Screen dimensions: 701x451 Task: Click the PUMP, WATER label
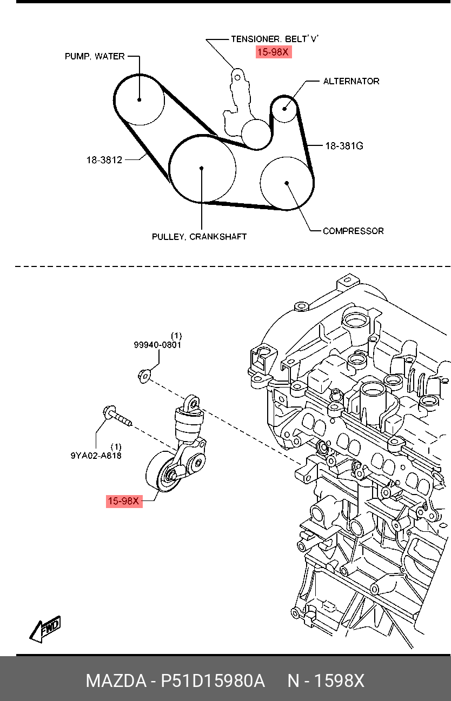(95, 56)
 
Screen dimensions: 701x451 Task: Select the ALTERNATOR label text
(351, 81)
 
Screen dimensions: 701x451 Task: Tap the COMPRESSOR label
(353, 231)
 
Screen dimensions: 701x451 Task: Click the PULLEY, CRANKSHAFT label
(199, 237)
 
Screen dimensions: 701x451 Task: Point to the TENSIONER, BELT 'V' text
(275, 39)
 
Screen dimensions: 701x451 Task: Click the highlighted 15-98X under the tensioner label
(273, 52)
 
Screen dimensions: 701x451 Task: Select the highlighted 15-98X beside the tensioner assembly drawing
(124, 501)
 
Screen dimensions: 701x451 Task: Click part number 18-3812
(104, 160)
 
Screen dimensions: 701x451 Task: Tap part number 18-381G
(344, 145)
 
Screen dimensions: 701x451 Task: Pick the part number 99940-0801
(157, 344)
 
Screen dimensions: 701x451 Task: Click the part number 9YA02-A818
(96, 455)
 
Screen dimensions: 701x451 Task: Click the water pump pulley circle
(140, 99)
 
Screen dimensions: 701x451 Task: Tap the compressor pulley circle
(287, 183)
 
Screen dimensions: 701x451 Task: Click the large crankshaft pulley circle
(202, 169)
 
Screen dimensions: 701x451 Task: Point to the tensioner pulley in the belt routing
(255, 133)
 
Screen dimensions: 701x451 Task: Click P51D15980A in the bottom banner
(213, 681)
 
